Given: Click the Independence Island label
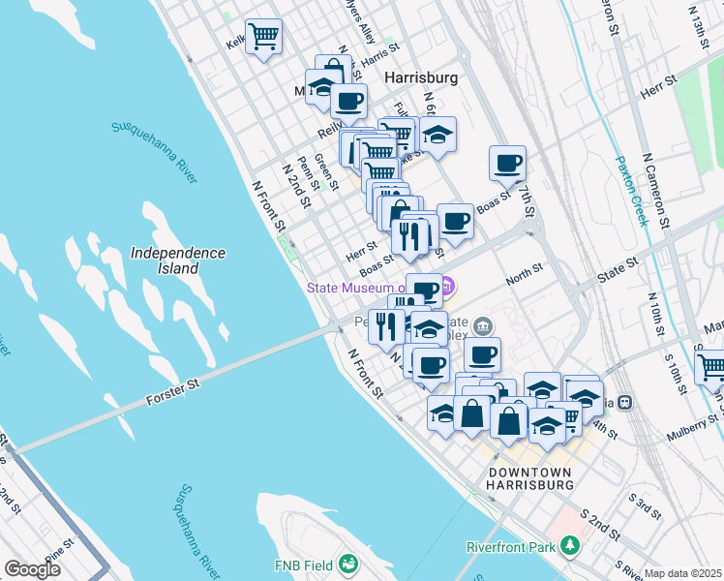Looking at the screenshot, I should tap(178, 260).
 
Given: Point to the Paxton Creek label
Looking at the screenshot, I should tap(629, 191).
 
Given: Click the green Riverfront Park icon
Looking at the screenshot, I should tap(570, 547).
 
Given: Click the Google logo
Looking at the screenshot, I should tap(32, 569).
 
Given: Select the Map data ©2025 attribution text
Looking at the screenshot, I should tap(682, 573).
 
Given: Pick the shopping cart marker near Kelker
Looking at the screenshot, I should tap(263, 38).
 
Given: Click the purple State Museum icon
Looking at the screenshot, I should tap(447, 287).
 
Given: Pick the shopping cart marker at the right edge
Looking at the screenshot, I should tap(711, 366).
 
